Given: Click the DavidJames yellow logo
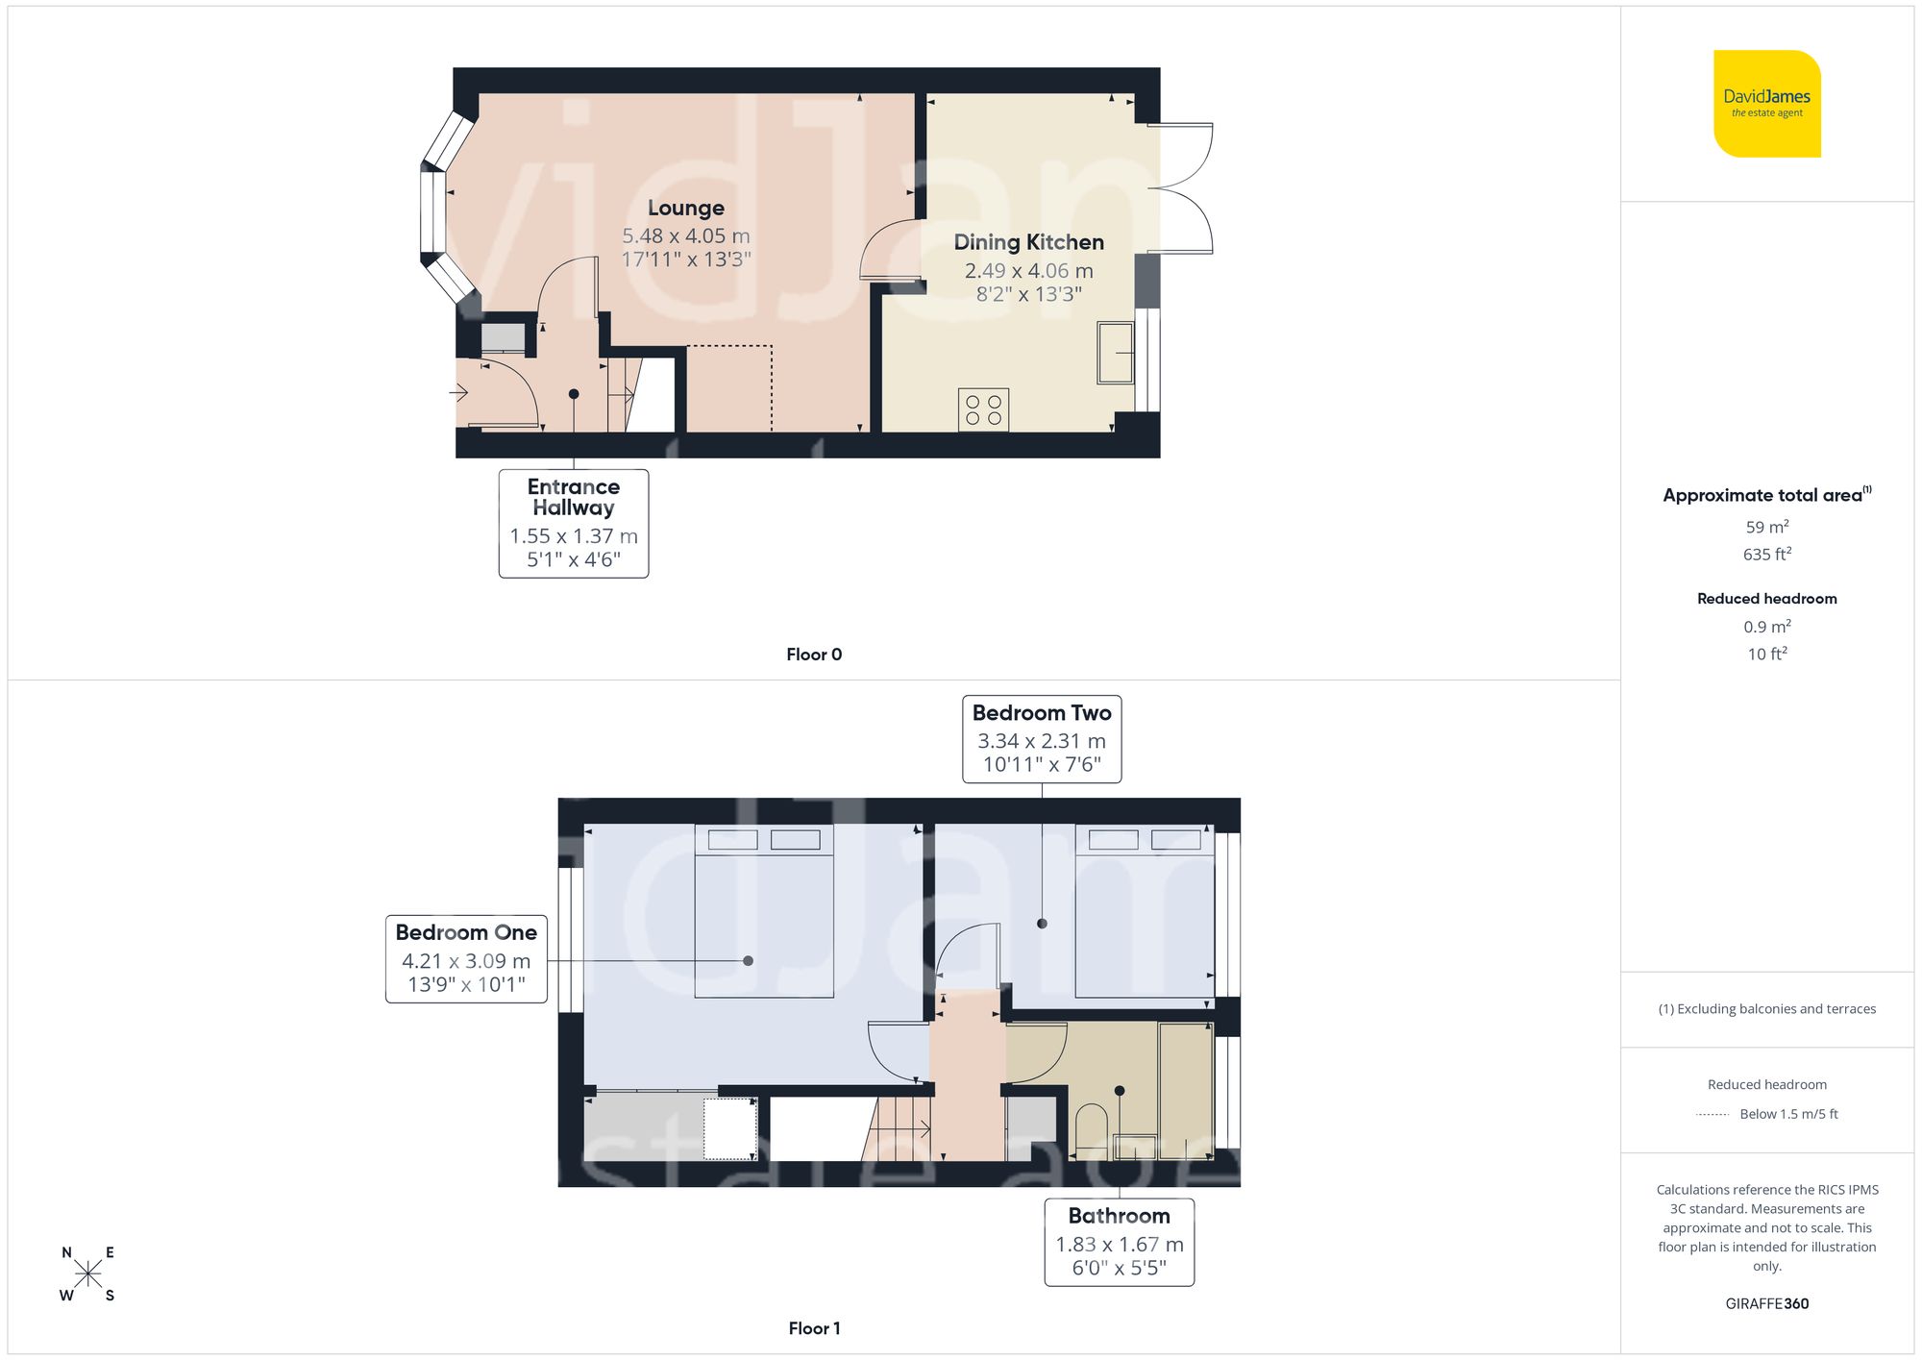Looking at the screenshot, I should click(1766, 104).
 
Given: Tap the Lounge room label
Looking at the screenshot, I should click(685, 209).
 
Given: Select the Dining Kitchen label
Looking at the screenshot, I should click(1028, 243).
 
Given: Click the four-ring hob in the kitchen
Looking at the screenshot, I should click(983, 409).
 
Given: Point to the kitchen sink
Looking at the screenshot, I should click(1115, 353).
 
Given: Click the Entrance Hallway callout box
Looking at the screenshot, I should click(574, 523).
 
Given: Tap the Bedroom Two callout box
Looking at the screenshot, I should click(1042, 738).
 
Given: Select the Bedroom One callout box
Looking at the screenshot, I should click(466, 958).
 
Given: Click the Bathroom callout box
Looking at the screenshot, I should click(1119, 1241).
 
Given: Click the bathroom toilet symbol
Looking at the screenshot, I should click(1091, 1132).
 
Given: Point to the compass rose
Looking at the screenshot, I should click(87, 1274).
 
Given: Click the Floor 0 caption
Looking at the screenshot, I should click(813, 655).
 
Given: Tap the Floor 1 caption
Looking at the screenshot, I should click(813, 1328).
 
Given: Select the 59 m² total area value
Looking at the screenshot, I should click(1766, 527).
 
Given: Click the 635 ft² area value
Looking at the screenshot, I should click(1766, 555).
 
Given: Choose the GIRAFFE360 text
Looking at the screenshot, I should click(1766, 1304).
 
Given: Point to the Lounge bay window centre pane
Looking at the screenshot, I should click(433, 213).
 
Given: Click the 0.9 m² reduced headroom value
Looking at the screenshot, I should click(1766, 627).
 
